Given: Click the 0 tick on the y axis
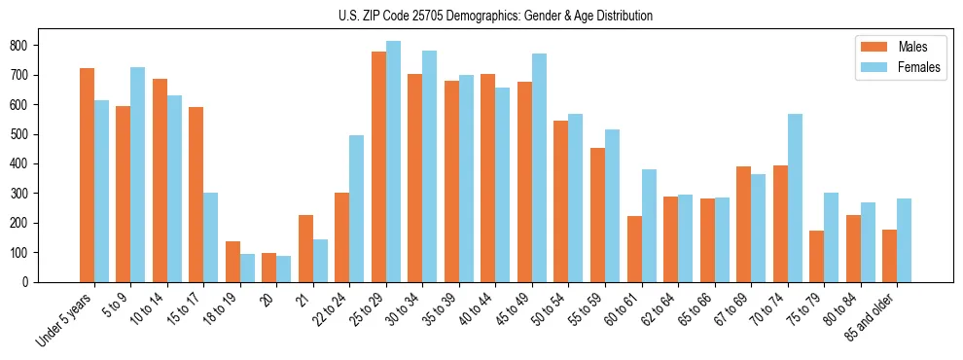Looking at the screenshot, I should (x=33, y=282).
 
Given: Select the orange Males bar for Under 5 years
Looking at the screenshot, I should (x=87, y=175).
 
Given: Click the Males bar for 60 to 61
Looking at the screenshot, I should (x=634, y=249).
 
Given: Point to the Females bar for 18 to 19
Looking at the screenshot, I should (x=247, y=268).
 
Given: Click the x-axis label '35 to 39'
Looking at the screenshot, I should (x=446, y=309).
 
